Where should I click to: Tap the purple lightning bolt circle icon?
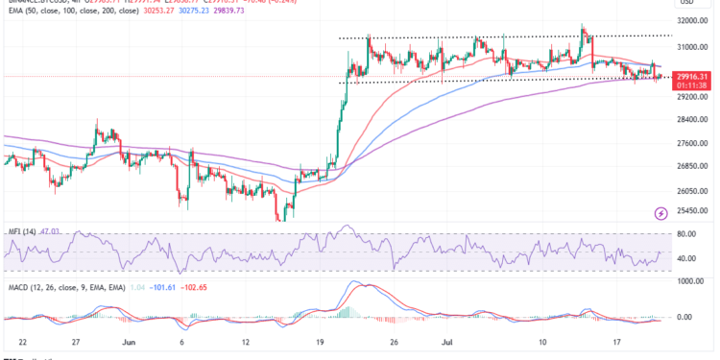(660, 213)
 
